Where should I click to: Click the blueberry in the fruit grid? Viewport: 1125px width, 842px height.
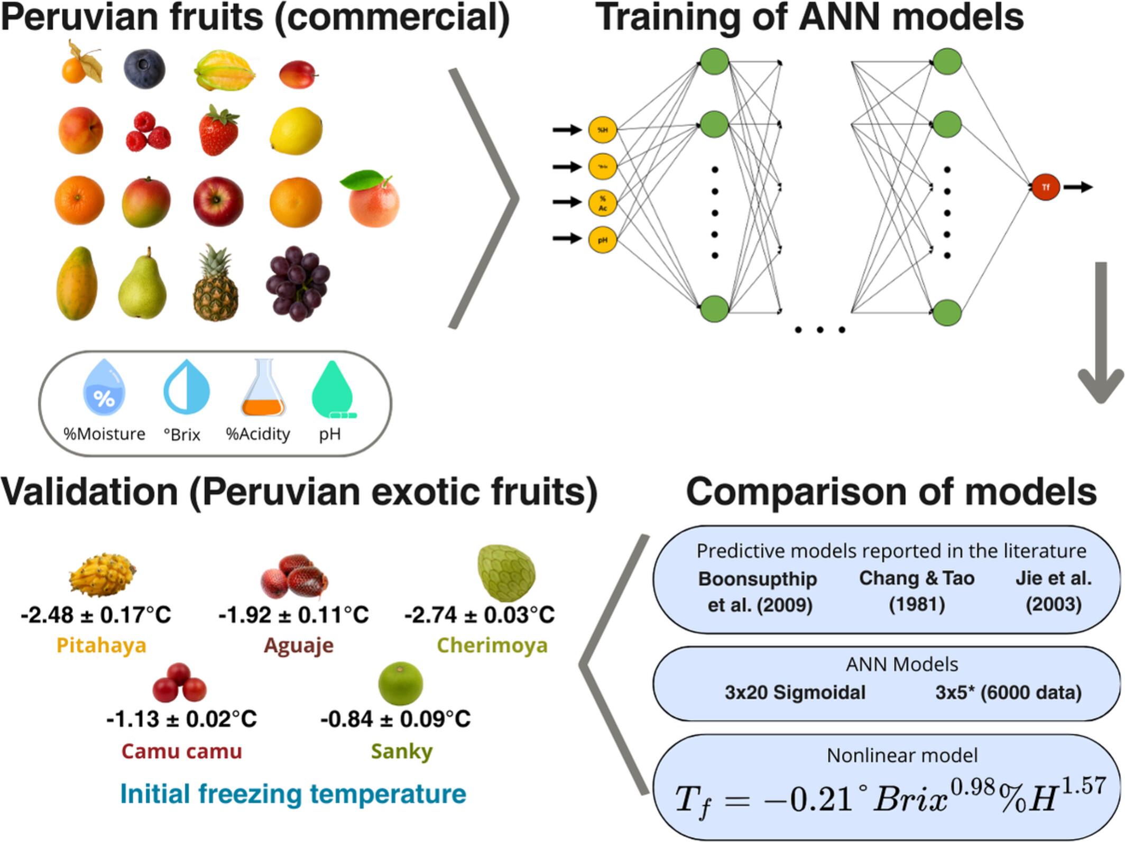coord(144,69)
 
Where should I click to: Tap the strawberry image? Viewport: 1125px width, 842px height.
coord(218,131)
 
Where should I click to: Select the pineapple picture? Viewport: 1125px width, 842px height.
coord(216,284)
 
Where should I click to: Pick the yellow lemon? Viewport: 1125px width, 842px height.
coord(296,131)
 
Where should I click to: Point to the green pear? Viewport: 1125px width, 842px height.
coord(142,285)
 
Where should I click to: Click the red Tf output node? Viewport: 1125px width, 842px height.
coord(1045,187)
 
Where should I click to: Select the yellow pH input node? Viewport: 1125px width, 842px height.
coord(602,239)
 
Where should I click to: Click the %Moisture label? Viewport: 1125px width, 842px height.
coord(104,434)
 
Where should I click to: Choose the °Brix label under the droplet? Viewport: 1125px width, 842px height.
coord(182,434)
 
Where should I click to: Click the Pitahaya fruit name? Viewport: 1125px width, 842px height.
coord(101,645)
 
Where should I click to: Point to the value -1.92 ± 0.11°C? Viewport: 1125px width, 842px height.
coord(293,615)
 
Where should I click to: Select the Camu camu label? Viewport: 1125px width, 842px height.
coord(181,751)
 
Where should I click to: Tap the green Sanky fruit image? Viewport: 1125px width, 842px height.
coord(401,683)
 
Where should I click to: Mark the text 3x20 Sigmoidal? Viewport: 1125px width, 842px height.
coord(795,692)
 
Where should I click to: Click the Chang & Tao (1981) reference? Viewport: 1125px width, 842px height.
coord(917,591)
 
